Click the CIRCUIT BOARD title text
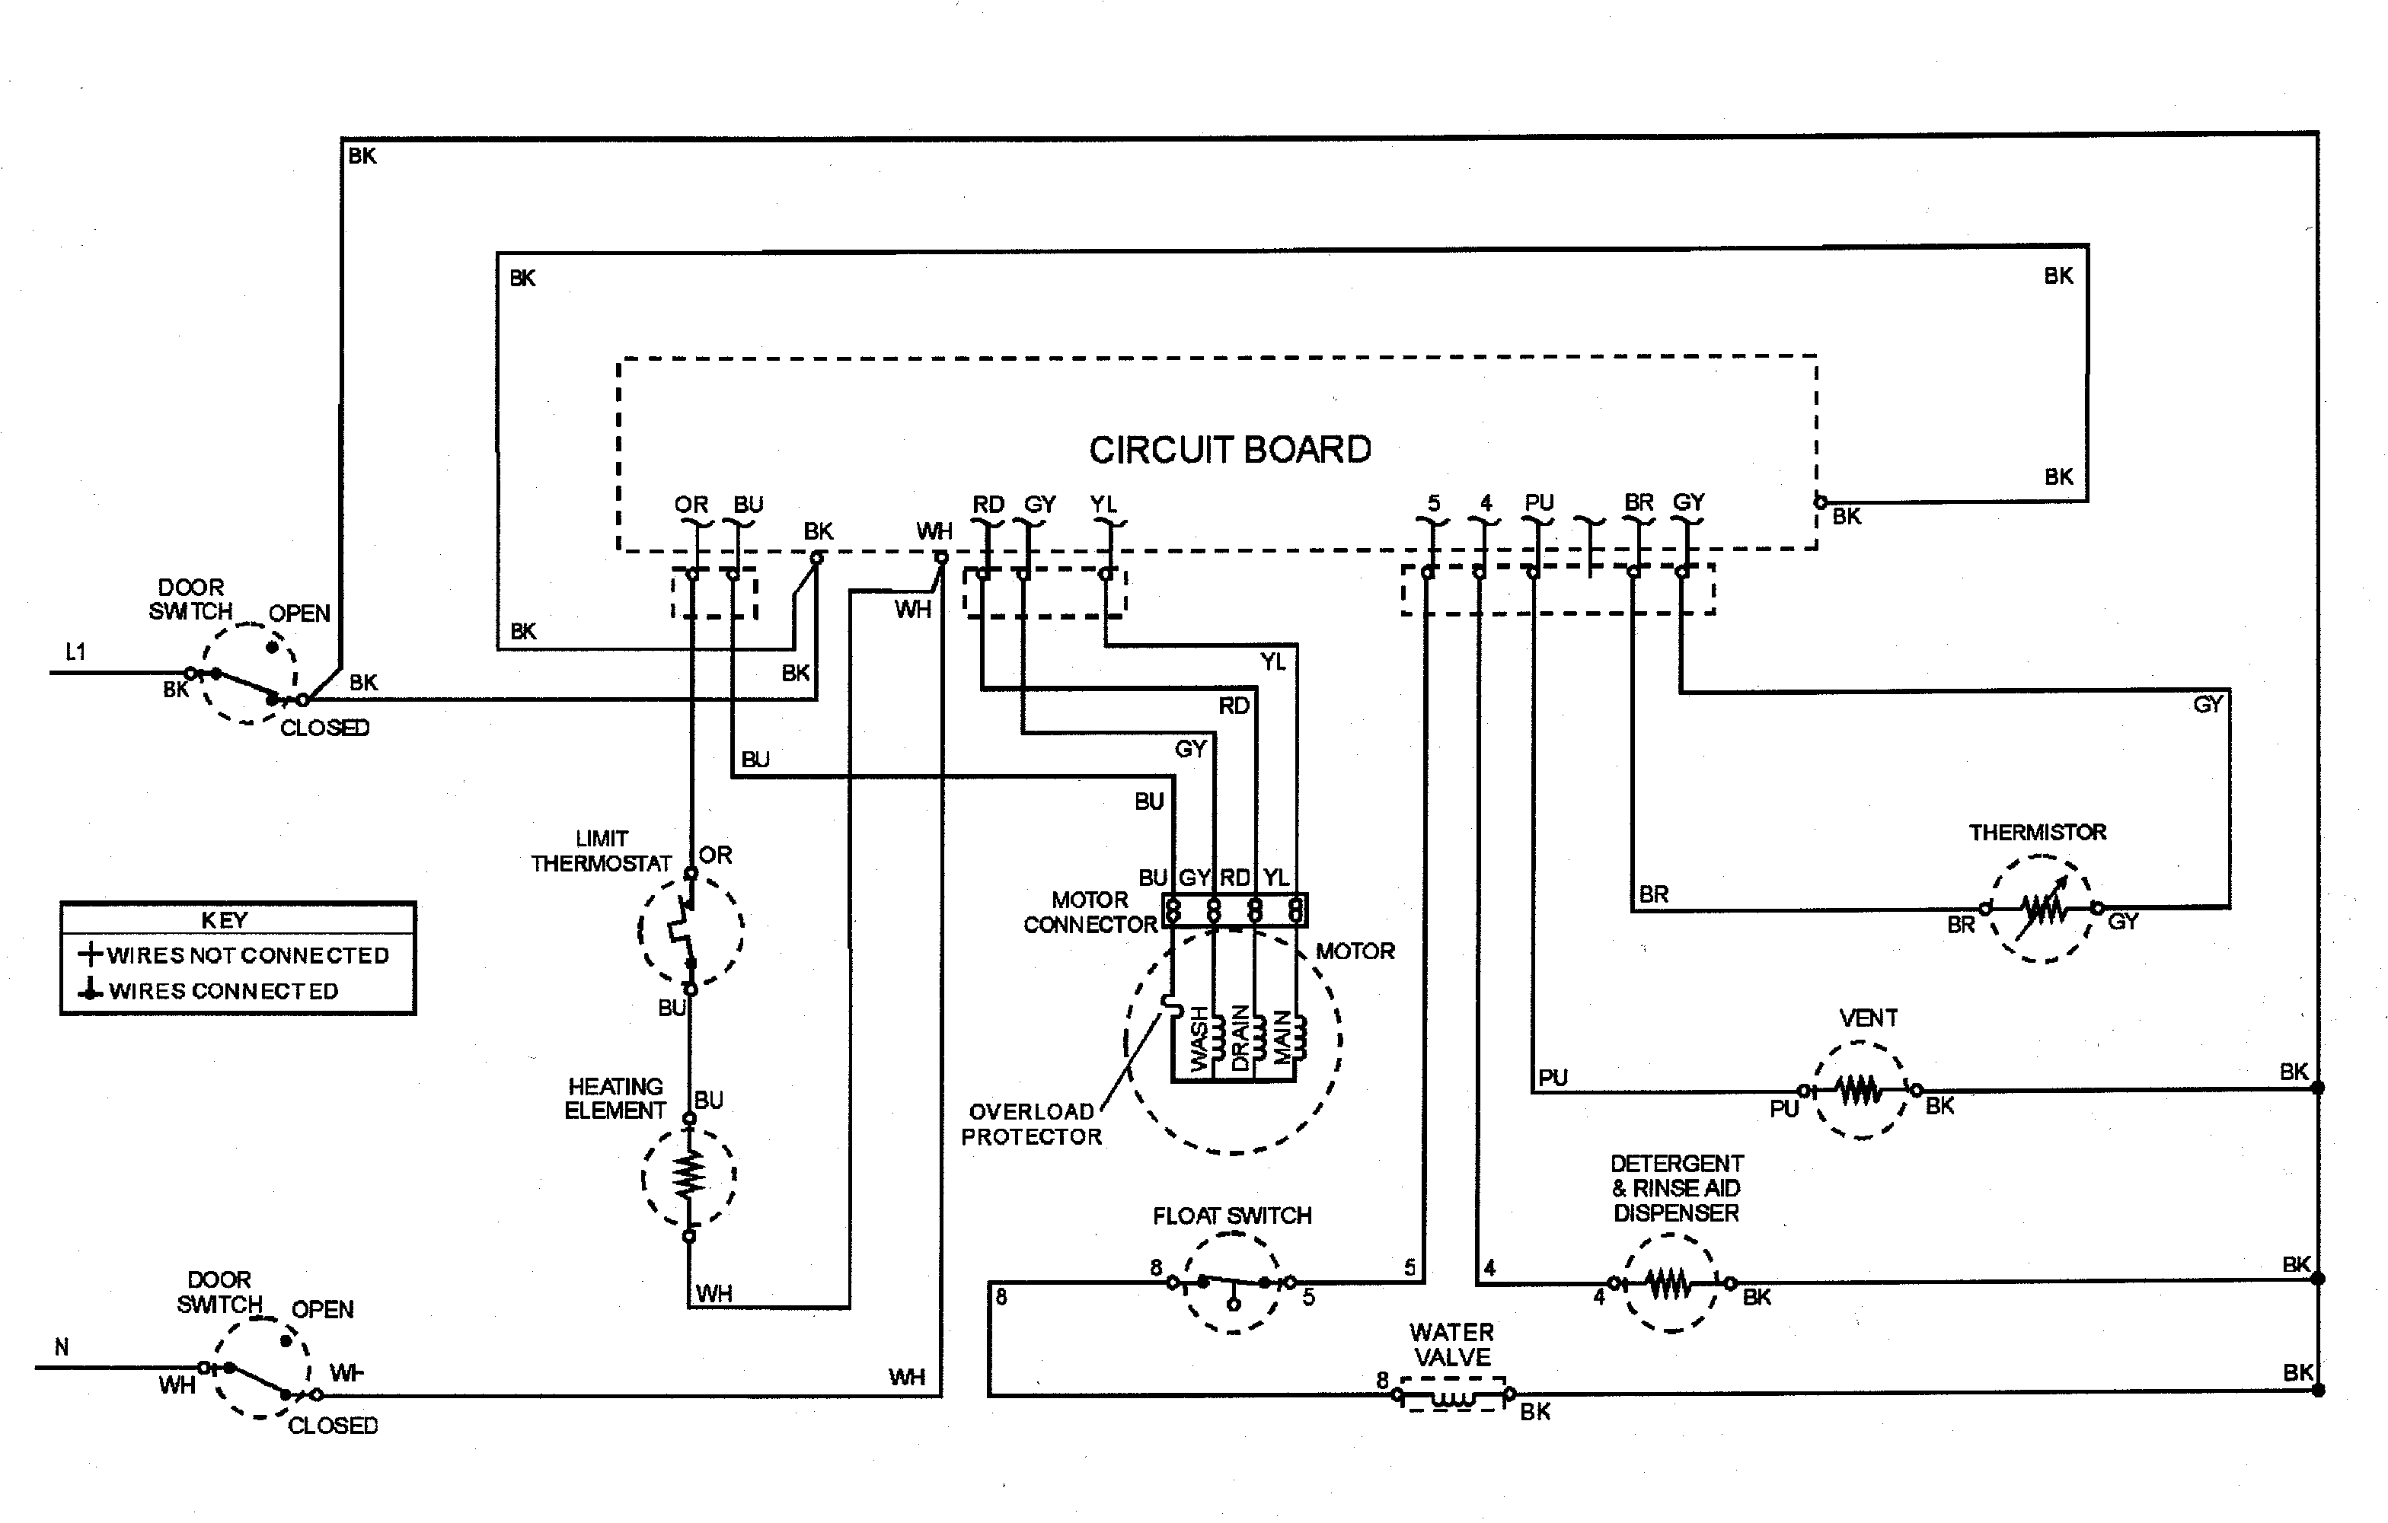tap(1230, 450)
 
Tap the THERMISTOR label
tap(2037, 832)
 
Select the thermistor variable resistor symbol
tap(2041, 908)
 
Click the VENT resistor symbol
tap(1859, 1090)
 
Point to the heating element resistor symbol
tap(689, 1176)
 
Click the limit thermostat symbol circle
tap(690, 930)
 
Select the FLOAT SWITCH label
tap(1231, 1216)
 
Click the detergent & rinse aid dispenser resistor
tap(1670, 1284)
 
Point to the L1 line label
tap(75, 652)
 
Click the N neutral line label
tap(62, 1346)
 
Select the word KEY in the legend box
tap(224, 920)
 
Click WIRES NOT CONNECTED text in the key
tap(248, 955)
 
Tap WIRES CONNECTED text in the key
tap(223, 990)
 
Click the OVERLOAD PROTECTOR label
tap(1031, 1124)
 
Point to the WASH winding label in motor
tap(1200, 1038)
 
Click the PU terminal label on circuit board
tap(1538, 502)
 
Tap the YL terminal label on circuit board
tap(1103, 504)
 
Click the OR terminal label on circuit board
tap(691, 504)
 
